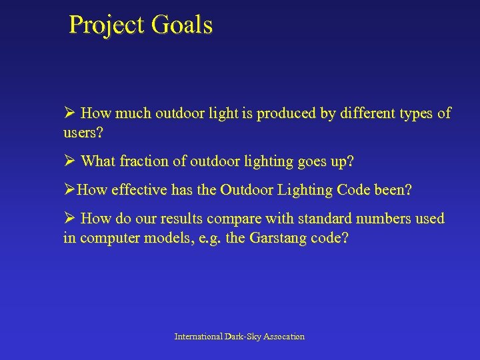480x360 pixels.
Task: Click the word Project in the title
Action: pos(107,25)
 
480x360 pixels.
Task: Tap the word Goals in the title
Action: pos(181,25)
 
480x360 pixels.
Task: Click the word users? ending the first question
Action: pos(83,133)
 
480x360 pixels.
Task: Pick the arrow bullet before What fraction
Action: pos(69,161)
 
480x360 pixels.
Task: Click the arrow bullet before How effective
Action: pos(69,190)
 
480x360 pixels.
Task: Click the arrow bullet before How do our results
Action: pos(69,219)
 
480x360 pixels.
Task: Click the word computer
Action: pos(105,238)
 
